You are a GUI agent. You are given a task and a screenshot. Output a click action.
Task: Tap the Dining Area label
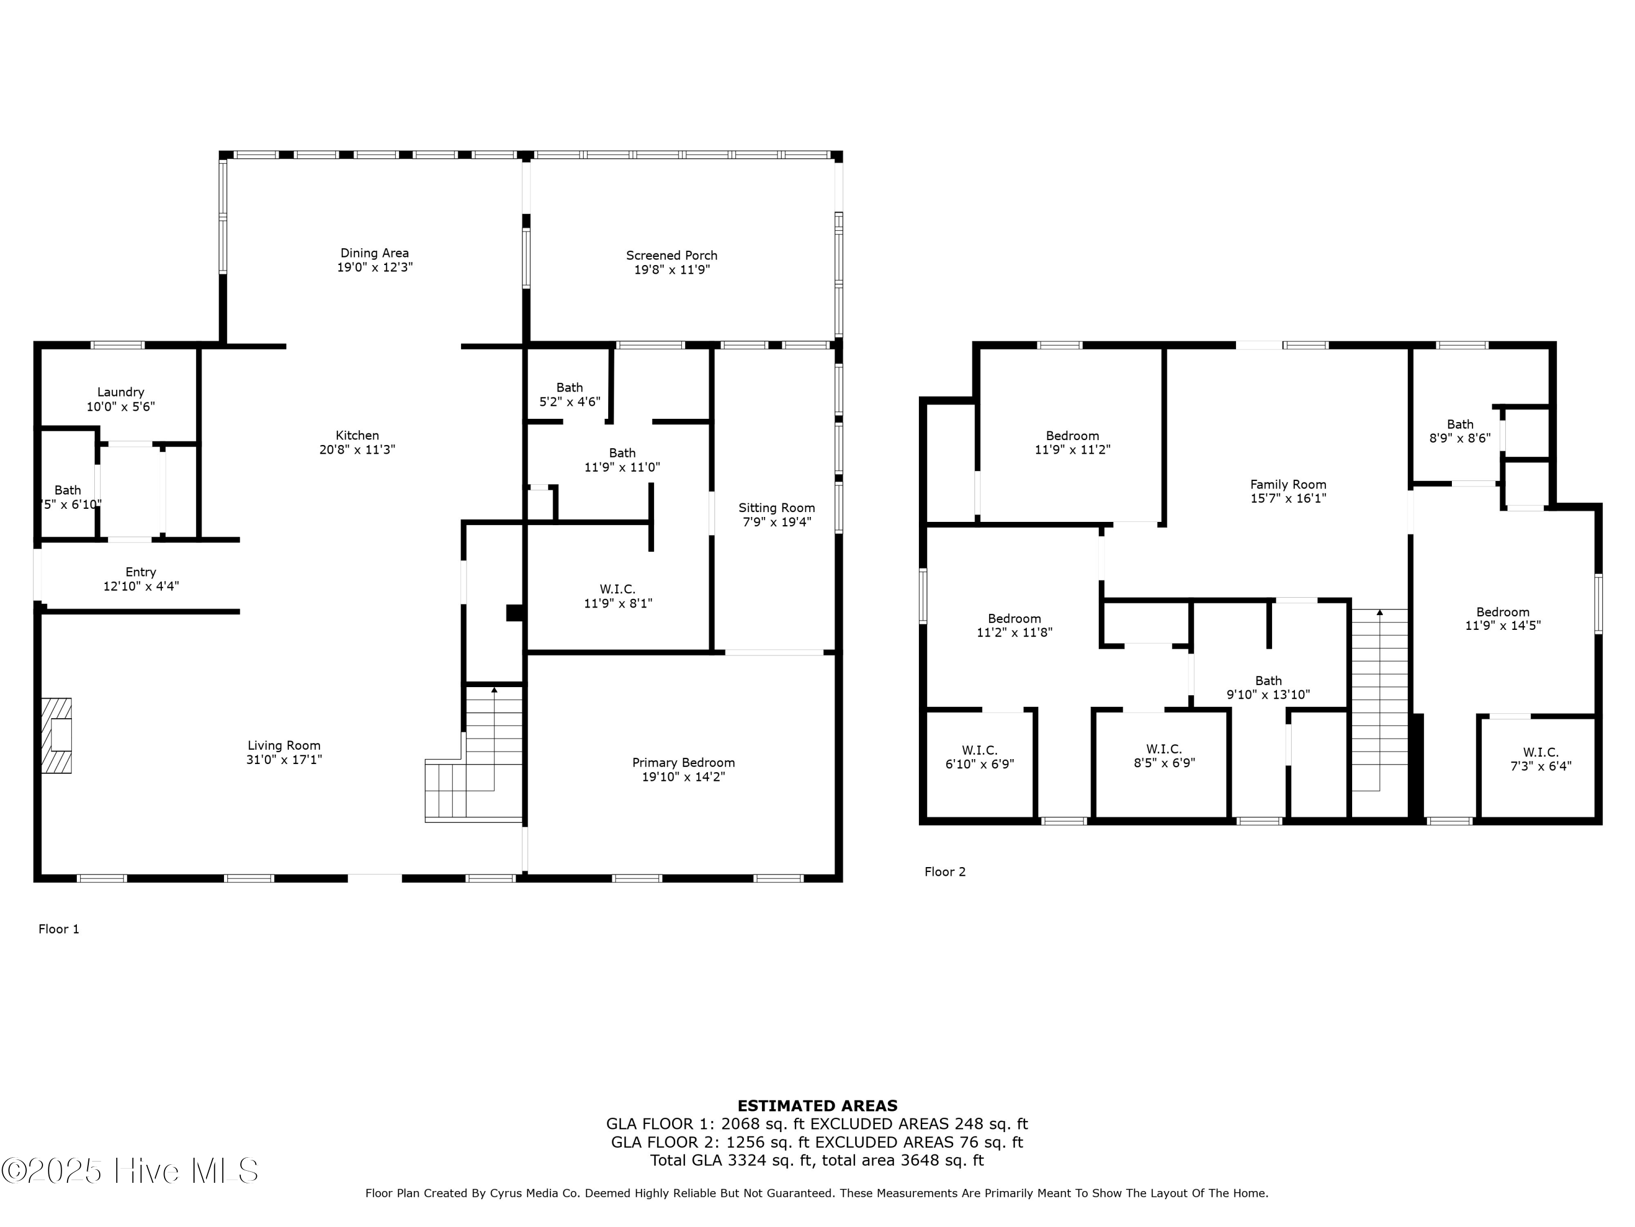pos(375,253)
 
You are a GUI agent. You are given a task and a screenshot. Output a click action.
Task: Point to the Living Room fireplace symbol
pos(57,735)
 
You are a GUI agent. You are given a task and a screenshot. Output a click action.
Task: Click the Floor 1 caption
pos(59,929)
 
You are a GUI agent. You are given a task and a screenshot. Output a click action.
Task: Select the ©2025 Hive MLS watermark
pos(130,1171)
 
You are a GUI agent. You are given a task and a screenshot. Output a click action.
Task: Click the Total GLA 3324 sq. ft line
pos(817,1160)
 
